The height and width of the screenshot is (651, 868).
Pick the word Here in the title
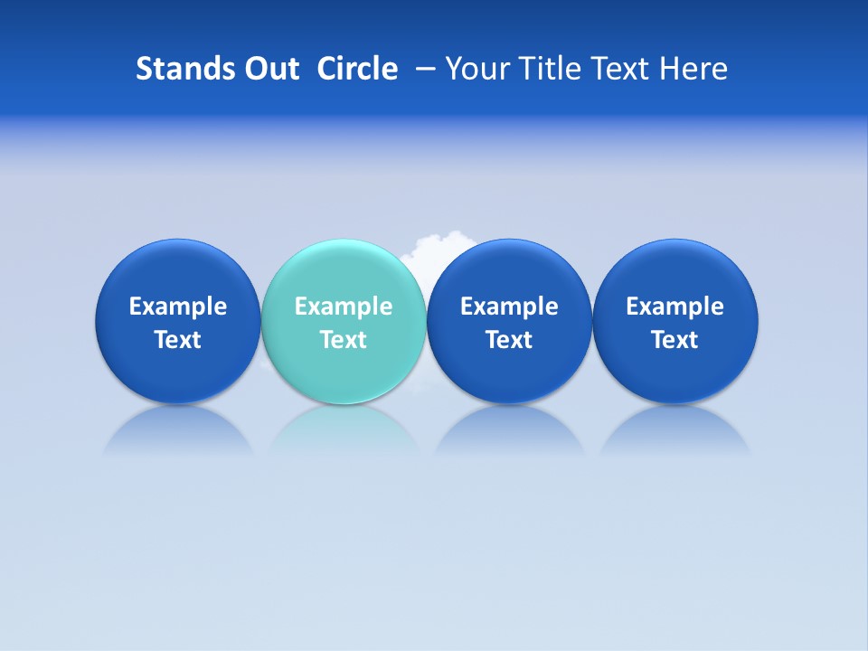[693, 69]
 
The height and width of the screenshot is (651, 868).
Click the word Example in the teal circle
[343, 307]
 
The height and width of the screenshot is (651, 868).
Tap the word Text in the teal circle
[343, 340]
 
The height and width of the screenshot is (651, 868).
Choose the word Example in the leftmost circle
[177, 307]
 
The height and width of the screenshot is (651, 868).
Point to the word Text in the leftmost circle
[177, 340]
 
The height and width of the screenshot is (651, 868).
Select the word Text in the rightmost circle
[675, 340]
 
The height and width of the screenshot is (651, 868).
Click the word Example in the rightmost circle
[675, 307]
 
